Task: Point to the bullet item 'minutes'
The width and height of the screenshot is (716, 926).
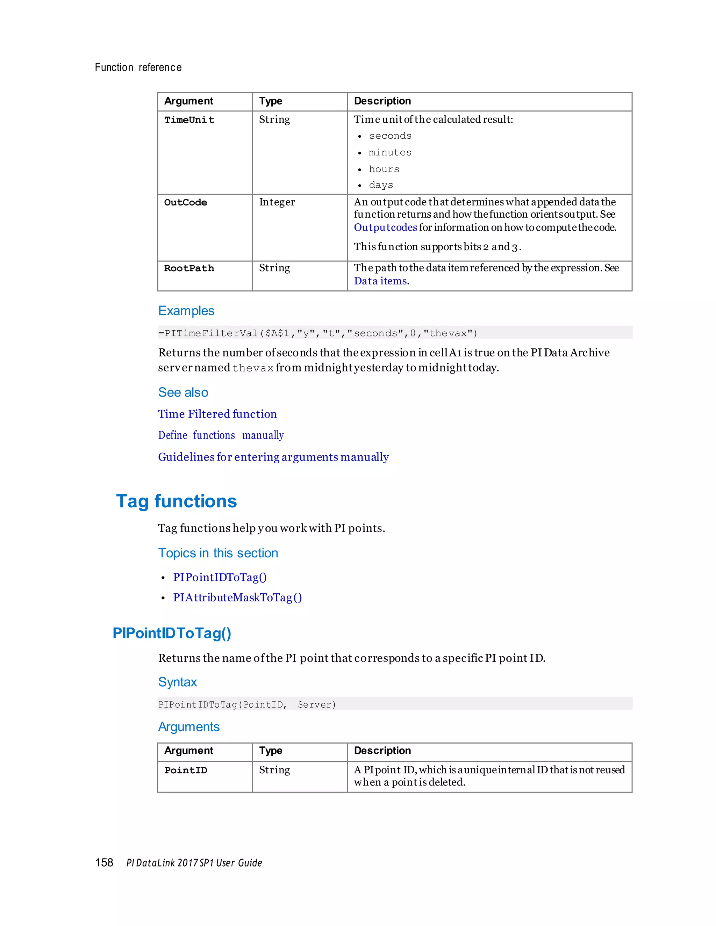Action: [x=390, y=153]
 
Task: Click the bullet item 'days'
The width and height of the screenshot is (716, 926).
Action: [x=381, y=185]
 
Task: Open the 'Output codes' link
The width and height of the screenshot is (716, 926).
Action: [x=385, y=228]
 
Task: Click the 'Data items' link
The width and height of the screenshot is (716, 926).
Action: [x=380, y=281]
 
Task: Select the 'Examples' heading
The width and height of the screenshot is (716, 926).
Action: [x=186, y=311]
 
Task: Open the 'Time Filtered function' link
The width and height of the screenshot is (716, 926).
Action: [x=217, y=414]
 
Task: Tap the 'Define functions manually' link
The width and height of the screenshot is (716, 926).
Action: [x=221, y=435]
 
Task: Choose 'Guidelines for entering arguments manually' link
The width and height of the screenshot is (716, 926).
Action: [x=273, y=457]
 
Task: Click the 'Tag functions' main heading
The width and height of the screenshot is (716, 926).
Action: [x=177, y=501]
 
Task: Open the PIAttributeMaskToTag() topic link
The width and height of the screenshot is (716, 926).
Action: [x=237, y=598]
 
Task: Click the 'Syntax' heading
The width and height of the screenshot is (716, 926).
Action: [x=177, y=682]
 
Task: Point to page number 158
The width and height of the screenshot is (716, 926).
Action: [x=104, y=862]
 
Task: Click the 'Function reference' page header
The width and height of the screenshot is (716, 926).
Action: [x=138, y=67]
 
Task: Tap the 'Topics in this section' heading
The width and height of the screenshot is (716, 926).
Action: [x=218, y=553]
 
